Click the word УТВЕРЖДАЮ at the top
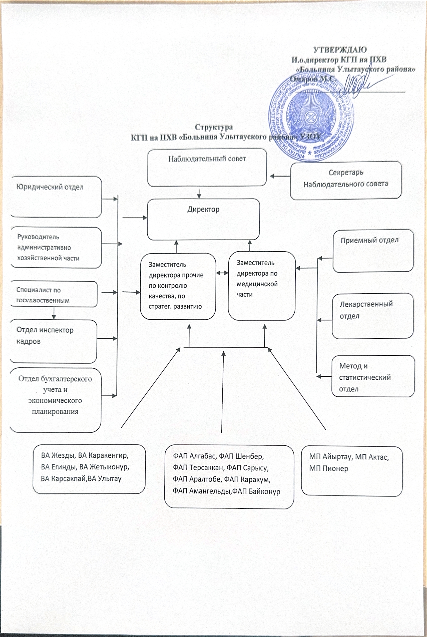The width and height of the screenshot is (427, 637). [x=340, y=50]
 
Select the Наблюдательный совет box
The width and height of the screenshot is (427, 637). [x=207, y=168]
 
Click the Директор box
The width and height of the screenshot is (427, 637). [x=203, y=219]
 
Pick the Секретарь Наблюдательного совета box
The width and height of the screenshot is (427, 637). [x=346, y=180]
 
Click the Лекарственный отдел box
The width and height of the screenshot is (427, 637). [x=373, y=316]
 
